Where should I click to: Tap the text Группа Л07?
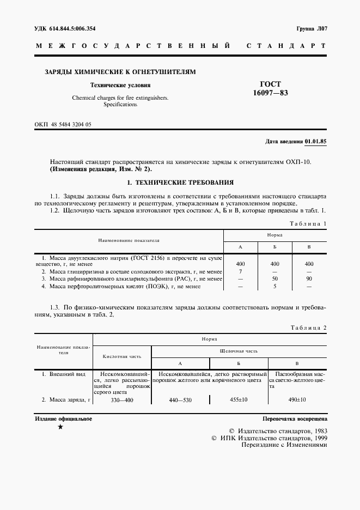311,28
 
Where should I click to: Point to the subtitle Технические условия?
120,85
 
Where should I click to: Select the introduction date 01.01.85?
316,142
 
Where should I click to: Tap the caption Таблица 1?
307,224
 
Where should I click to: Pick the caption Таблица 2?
307,327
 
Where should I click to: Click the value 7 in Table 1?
240,271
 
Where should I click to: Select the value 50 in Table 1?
275,278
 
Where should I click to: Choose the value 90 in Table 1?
309,278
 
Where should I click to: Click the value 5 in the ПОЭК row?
275,286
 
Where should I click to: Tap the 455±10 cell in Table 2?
240,400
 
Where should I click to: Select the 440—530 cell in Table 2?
180,400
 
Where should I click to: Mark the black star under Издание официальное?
60,428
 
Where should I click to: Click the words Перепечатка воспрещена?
294,420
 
